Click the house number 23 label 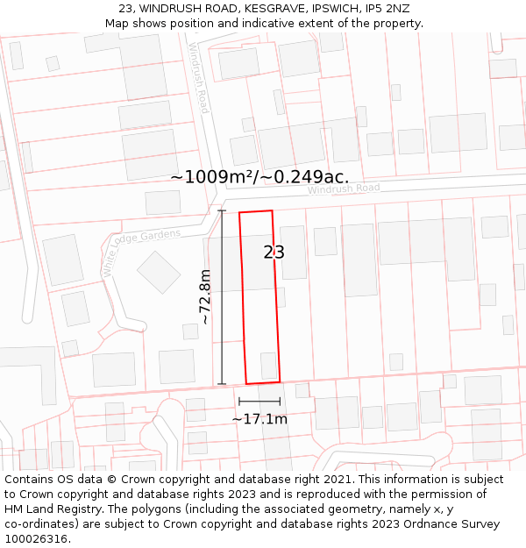pos(274,253)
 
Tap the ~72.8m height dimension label pos(205,297)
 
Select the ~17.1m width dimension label pos(259,419)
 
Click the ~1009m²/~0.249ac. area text pos(259,177)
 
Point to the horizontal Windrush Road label pos(344,189)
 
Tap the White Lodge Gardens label pos(141,251)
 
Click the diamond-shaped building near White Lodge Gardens pos(159,272)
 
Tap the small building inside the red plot pos(268,365)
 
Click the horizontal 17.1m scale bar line pos(259,402)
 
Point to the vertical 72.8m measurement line pos(222,296)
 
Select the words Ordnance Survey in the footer pos(454,524)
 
